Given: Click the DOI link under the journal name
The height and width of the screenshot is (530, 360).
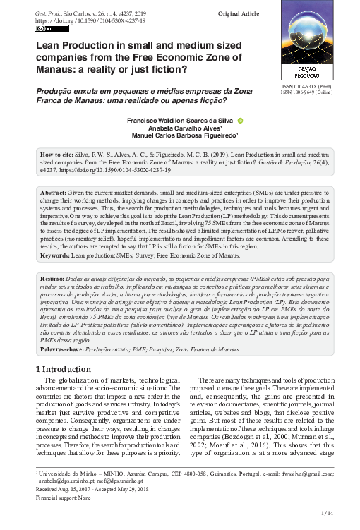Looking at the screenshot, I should [x=83, y=21].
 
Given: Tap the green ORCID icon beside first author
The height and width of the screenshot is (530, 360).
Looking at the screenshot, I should [x=240, y=121].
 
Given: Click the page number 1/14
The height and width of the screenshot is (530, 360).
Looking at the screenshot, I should [x=327, y=512].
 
